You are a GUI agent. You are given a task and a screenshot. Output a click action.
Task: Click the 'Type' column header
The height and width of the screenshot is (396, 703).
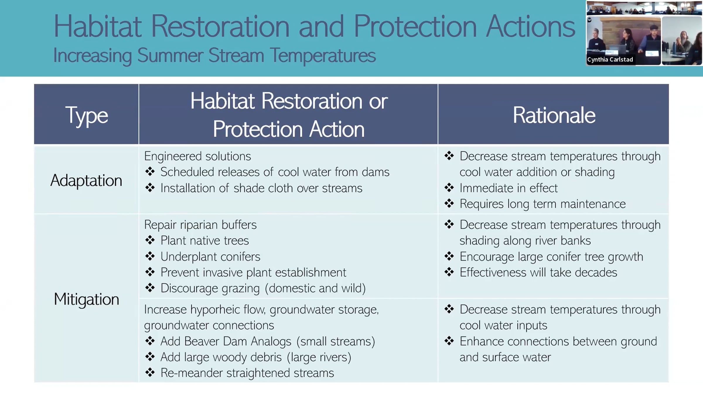pos(86,116)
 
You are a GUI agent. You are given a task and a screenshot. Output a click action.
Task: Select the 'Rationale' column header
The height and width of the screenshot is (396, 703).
pos(554,115)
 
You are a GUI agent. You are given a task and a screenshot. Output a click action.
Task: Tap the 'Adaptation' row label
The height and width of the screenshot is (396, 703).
pos(86,180)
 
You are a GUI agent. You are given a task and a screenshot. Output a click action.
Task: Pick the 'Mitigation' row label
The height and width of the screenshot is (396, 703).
pos(86,299)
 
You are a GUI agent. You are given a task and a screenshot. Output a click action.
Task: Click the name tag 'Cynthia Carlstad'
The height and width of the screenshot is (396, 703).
pos(610,60)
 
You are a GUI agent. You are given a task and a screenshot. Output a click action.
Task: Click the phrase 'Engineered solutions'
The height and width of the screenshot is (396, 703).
pos(197,156)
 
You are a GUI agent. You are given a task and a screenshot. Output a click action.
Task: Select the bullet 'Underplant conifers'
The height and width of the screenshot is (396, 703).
pos(210,257)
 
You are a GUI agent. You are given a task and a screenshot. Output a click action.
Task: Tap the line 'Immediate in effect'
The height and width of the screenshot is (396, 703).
pos(509,188)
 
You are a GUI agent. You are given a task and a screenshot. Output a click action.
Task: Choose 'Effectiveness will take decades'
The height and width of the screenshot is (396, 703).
pos(538,273)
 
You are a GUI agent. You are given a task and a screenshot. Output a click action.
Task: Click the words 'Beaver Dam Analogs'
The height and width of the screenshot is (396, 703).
pos(238,341)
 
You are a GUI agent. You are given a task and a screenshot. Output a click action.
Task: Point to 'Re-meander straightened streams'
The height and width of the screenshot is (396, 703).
pos(247,373)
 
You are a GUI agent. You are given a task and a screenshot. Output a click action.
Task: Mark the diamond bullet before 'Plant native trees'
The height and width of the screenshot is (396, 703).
pos(150,240)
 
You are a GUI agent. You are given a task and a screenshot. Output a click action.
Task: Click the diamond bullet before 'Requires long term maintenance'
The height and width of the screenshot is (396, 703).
pos(449,203)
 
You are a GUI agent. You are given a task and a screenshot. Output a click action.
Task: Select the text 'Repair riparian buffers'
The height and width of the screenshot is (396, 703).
pos(200,225)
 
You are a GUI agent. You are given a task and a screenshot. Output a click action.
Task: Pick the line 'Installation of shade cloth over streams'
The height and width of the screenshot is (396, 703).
pos(261,188)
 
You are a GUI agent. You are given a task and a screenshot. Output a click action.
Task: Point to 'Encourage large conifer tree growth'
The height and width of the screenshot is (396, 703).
pos(551,257)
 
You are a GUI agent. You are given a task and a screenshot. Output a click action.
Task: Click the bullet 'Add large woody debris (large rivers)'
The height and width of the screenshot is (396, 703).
pos(256,357)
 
